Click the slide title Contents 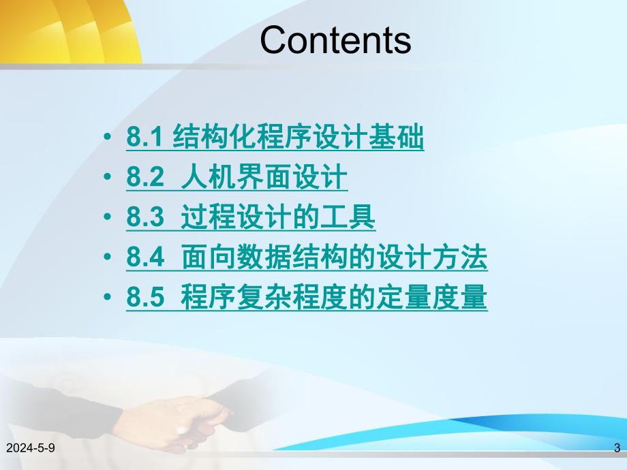click(335, 40)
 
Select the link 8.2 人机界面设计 click(236, 178)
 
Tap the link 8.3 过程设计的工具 click(250, 218)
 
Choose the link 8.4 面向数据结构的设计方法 click(307, 258)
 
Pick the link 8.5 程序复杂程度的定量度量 click(307, 298)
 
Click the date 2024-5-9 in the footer click(30, 448)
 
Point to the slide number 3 click(617, 448)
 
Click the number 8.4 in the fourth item click(145, 258)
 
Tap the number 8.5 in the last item click(145, 298)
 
